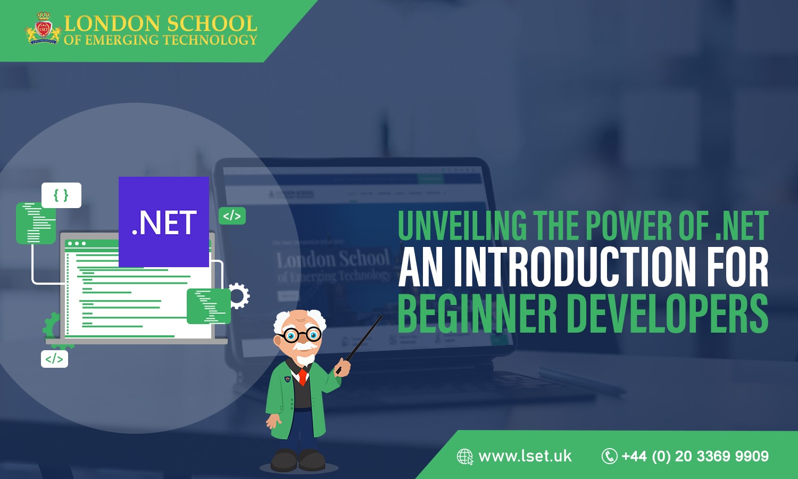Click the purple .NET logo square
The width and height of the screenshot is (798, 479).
(163, 221)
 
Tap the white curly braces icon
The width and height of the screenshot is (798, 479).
(61, 195)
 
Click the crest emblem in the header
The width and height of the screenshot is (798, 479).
(43, 30)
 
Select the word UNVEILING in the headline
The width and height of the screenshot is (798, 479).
(462, 226)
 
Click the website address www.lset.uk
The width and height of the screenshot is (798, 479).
(525, 456)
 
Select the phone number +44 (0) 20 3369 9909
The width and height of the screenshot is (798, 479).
(695, 456)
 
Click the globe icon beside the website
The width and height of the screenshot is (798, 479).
(465, 457)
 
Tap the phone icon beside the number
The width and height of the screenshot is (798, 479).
(609, 456)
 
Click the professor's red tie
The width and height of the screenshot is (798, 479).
(303, 376)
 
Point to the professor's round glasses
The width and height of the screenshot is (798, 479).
(301, 335)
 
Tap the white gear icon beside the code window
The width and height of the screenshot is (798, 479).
(239, 296)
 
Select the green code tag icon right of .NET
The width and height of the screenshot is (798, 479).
(232, 216)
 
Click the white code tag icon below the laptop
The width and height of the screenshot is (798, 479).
(54, 359)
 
